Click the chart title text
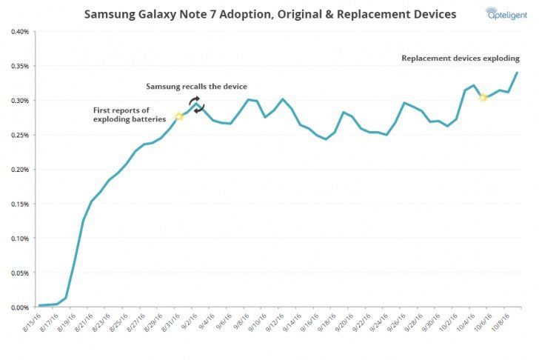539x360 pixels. coord(269,14)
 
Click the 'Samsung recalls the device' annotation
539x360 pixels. coord(196,87)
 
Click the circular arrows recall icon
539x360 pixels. coord(194,104)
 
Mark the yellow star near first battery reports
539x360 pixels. coord(178,116)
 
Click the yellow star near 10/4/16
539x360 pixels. coord(483,97)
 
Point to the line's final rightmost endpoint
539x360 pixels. coord(517,72)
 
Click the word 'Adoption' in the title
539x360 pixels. coord(222,14)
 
